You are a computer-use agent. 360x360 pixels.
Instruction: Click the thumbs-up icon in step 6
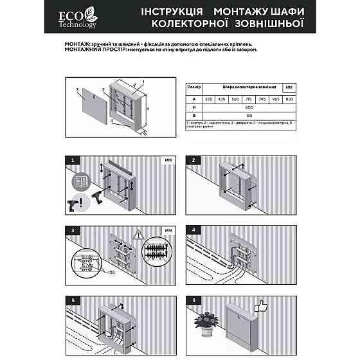coord(261,307)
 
